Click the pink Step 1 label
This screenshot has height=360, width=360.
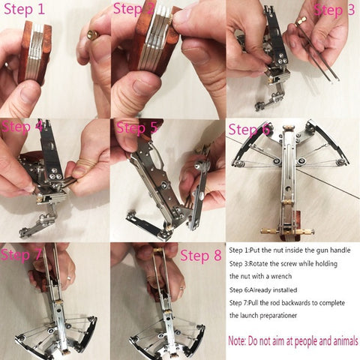(x=24, y=9)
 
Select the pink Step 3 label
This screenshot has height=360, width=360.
(x=334, y=10)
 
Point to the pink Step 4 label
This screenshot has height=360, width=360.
(x=22, y=127)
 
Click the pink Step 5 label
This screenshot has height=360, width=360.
(x=136, y=127)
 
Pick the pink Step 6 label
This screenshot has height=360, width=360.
(x=249, y=130)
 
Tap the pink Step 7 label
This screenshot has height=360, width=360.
(x=21, y=255)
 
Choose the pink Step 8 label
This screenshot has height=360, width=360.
(x=201, y=256)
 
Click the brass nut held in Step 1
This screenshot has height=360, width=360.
(x=91, y=35)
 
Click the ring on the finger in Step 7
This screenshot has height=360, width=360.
(x=69, y=278)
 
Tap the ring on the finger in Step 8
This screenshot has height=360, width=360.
(x=181, y=289)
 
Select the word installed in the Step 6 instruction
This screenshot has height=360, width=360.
(x=285, y=290)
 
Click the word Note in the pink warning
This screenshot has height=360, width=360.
(x=236, y=341)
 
